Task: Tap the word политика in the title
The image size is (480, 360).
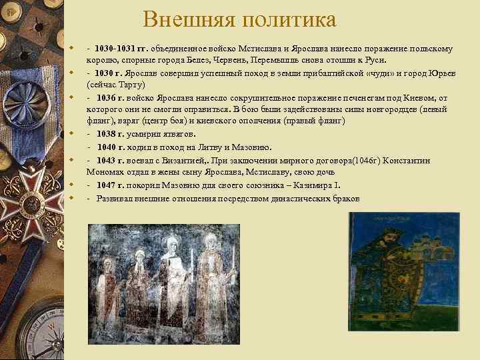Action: tap(291, 19)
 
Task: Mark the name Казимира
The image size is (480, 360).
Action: tap(323, 186)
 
